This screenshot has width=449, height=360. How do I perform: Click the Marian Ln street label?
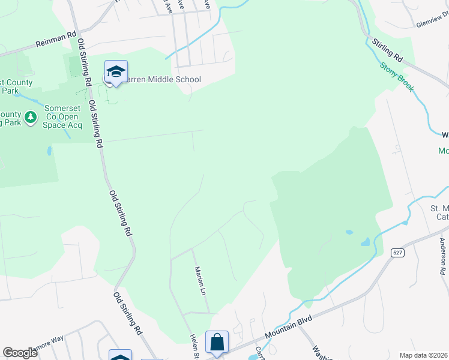tap(199, 280)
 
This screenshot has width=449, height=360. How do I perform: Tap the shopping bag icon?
tap(217, 342)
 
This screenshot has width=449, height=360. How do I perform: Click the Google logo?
tap(20, 353)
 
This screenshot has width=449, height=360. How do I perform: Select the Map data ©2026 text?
tap(423, 355)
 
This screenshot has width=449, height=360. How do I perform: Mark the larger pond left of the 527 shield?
tap(365, 242)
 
